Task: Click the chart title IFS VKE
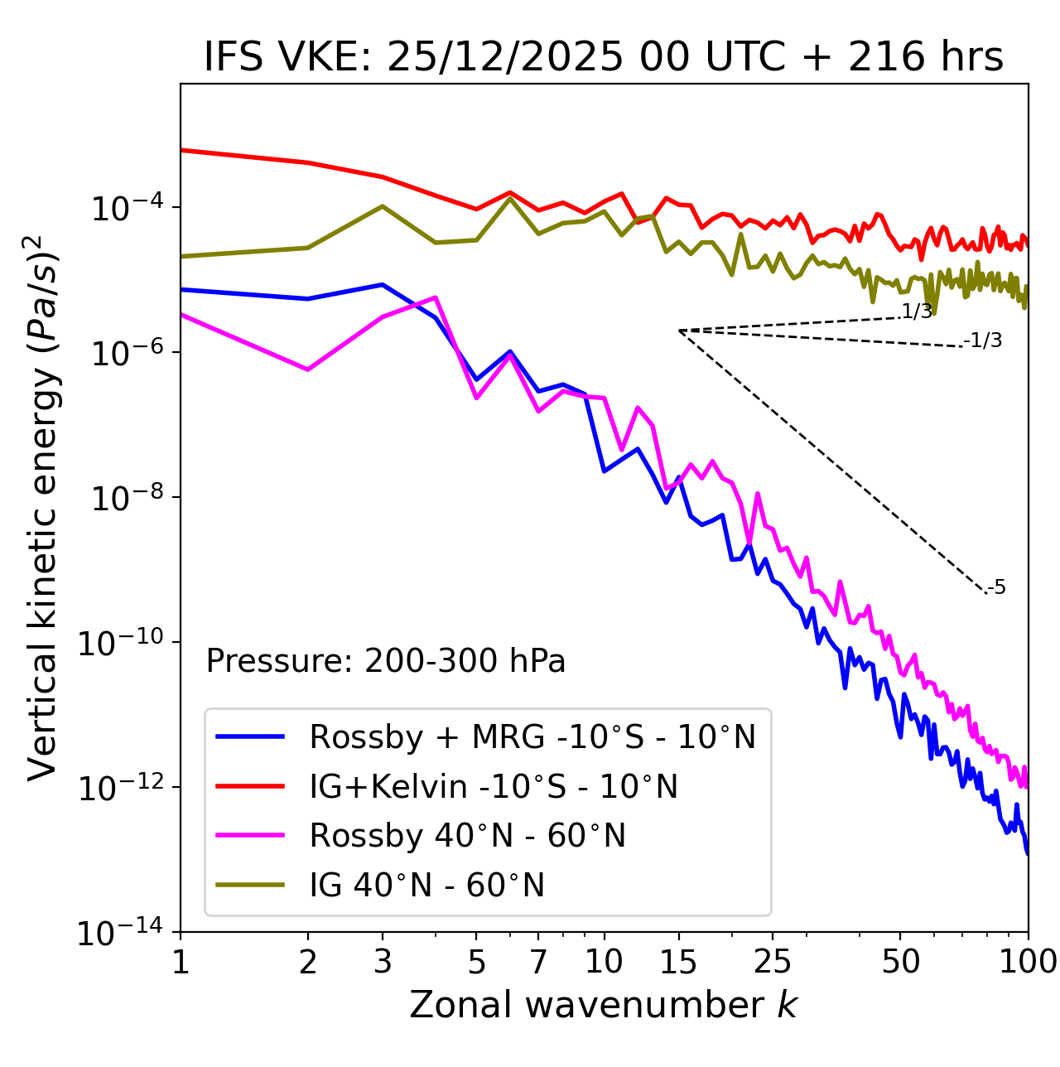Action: point(603,57)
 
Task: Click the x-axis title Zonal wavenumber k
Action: point(603,1005)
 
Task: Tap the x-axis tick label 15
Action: point(678,962)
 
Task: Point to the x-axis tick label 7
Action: point(538,962)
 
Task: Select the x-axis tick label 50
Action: point(900,962)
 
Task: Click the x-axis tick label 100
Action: point(1027,962)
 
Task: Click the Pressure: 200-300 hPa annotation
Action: point(386,661)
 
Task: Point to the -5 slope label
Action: point(997,588)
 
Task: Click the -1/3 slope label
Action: point(984,340)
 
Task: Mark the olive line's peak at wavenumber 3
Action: point(383,206)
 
